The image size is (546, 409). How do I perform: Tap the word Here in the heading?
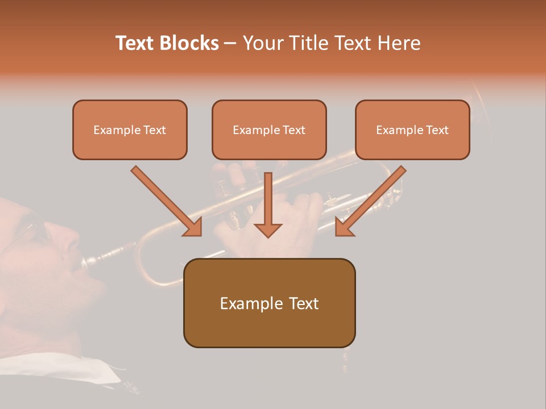pos(398,43)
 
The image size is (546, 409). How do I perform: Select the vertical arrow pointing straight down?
pos(268,204)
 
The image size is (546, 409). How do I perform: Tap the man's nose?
pos(73,241)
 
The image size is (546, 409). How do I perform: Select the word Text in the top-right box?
pos(437,130)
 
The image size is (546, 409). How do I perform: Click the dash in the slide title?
pos(230,44)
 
